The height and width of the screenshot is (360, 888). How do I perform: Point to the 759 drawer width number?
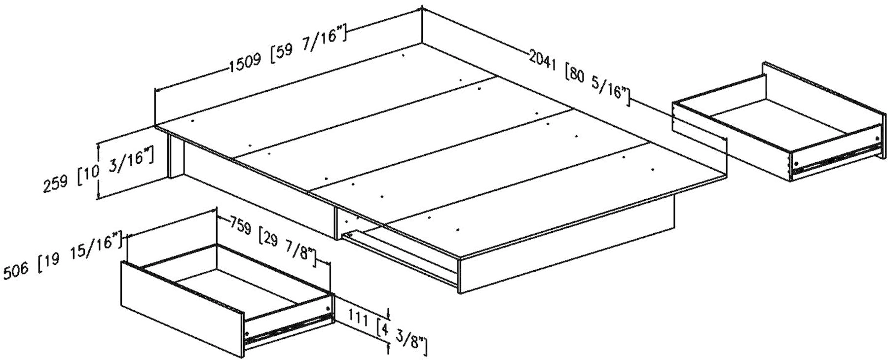pos(242,228)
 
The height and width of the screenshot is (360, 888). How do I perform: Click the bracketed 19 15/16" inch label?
pos(81,252)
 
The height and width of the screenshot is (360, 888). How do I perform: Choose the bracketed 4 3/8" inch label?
pos(402,337)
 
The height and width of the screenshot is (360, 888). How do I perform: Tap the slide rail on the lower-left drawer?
pos(289,327)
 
